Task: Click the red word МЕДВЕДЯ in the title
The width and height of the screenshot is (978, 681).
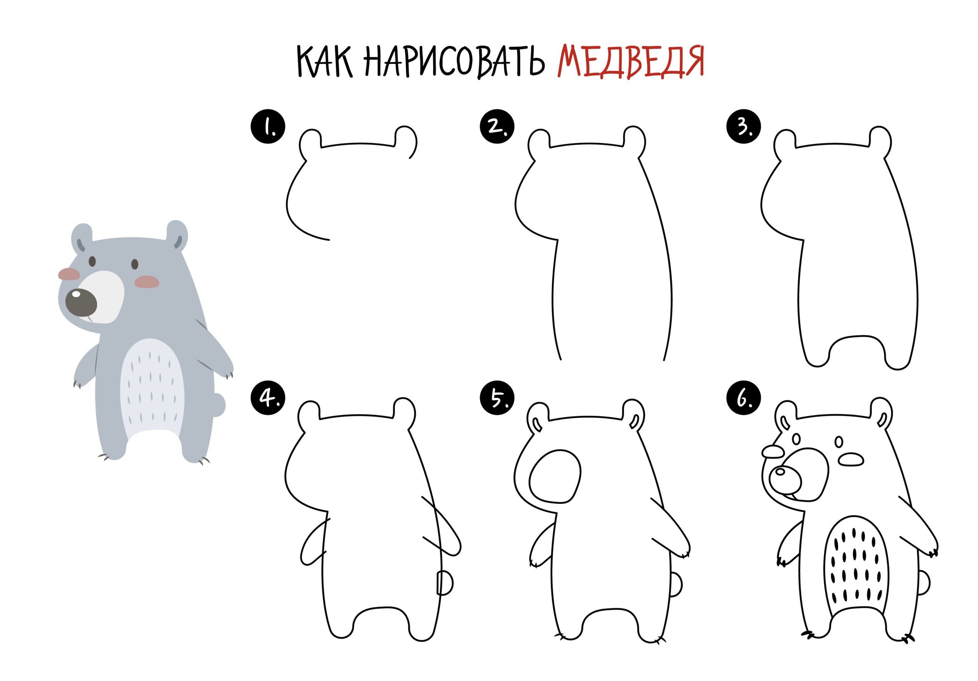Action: [630, 63]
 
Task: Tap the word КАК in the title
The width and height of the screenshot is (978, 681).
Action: [325, 63]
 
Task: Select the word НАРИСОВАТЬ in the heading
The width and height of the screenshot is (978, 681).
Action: [455, 63]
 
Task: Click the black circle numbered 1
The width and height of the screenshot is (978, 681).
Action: [268, 126]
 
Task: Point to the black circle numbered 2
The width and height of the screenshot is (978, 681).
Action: [497, 126]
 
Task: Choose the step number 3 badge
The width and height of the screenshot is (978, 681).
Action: [744, 126]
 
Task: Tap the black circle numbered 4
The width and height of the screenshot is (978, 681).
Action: [268, 399]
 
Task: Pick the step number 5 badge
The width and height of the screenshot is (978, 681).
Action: [497, 399]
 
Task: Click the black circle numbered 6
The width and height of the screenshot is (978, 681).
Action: [744, 399]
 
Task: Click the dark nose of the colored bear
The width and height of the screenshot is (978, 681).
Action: [81, 303]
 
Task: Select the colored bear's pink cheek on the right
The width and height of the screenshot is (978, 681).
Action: [147, 281]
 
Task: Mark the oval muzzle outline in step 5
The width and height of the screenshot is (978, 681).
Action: [555, 478]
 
